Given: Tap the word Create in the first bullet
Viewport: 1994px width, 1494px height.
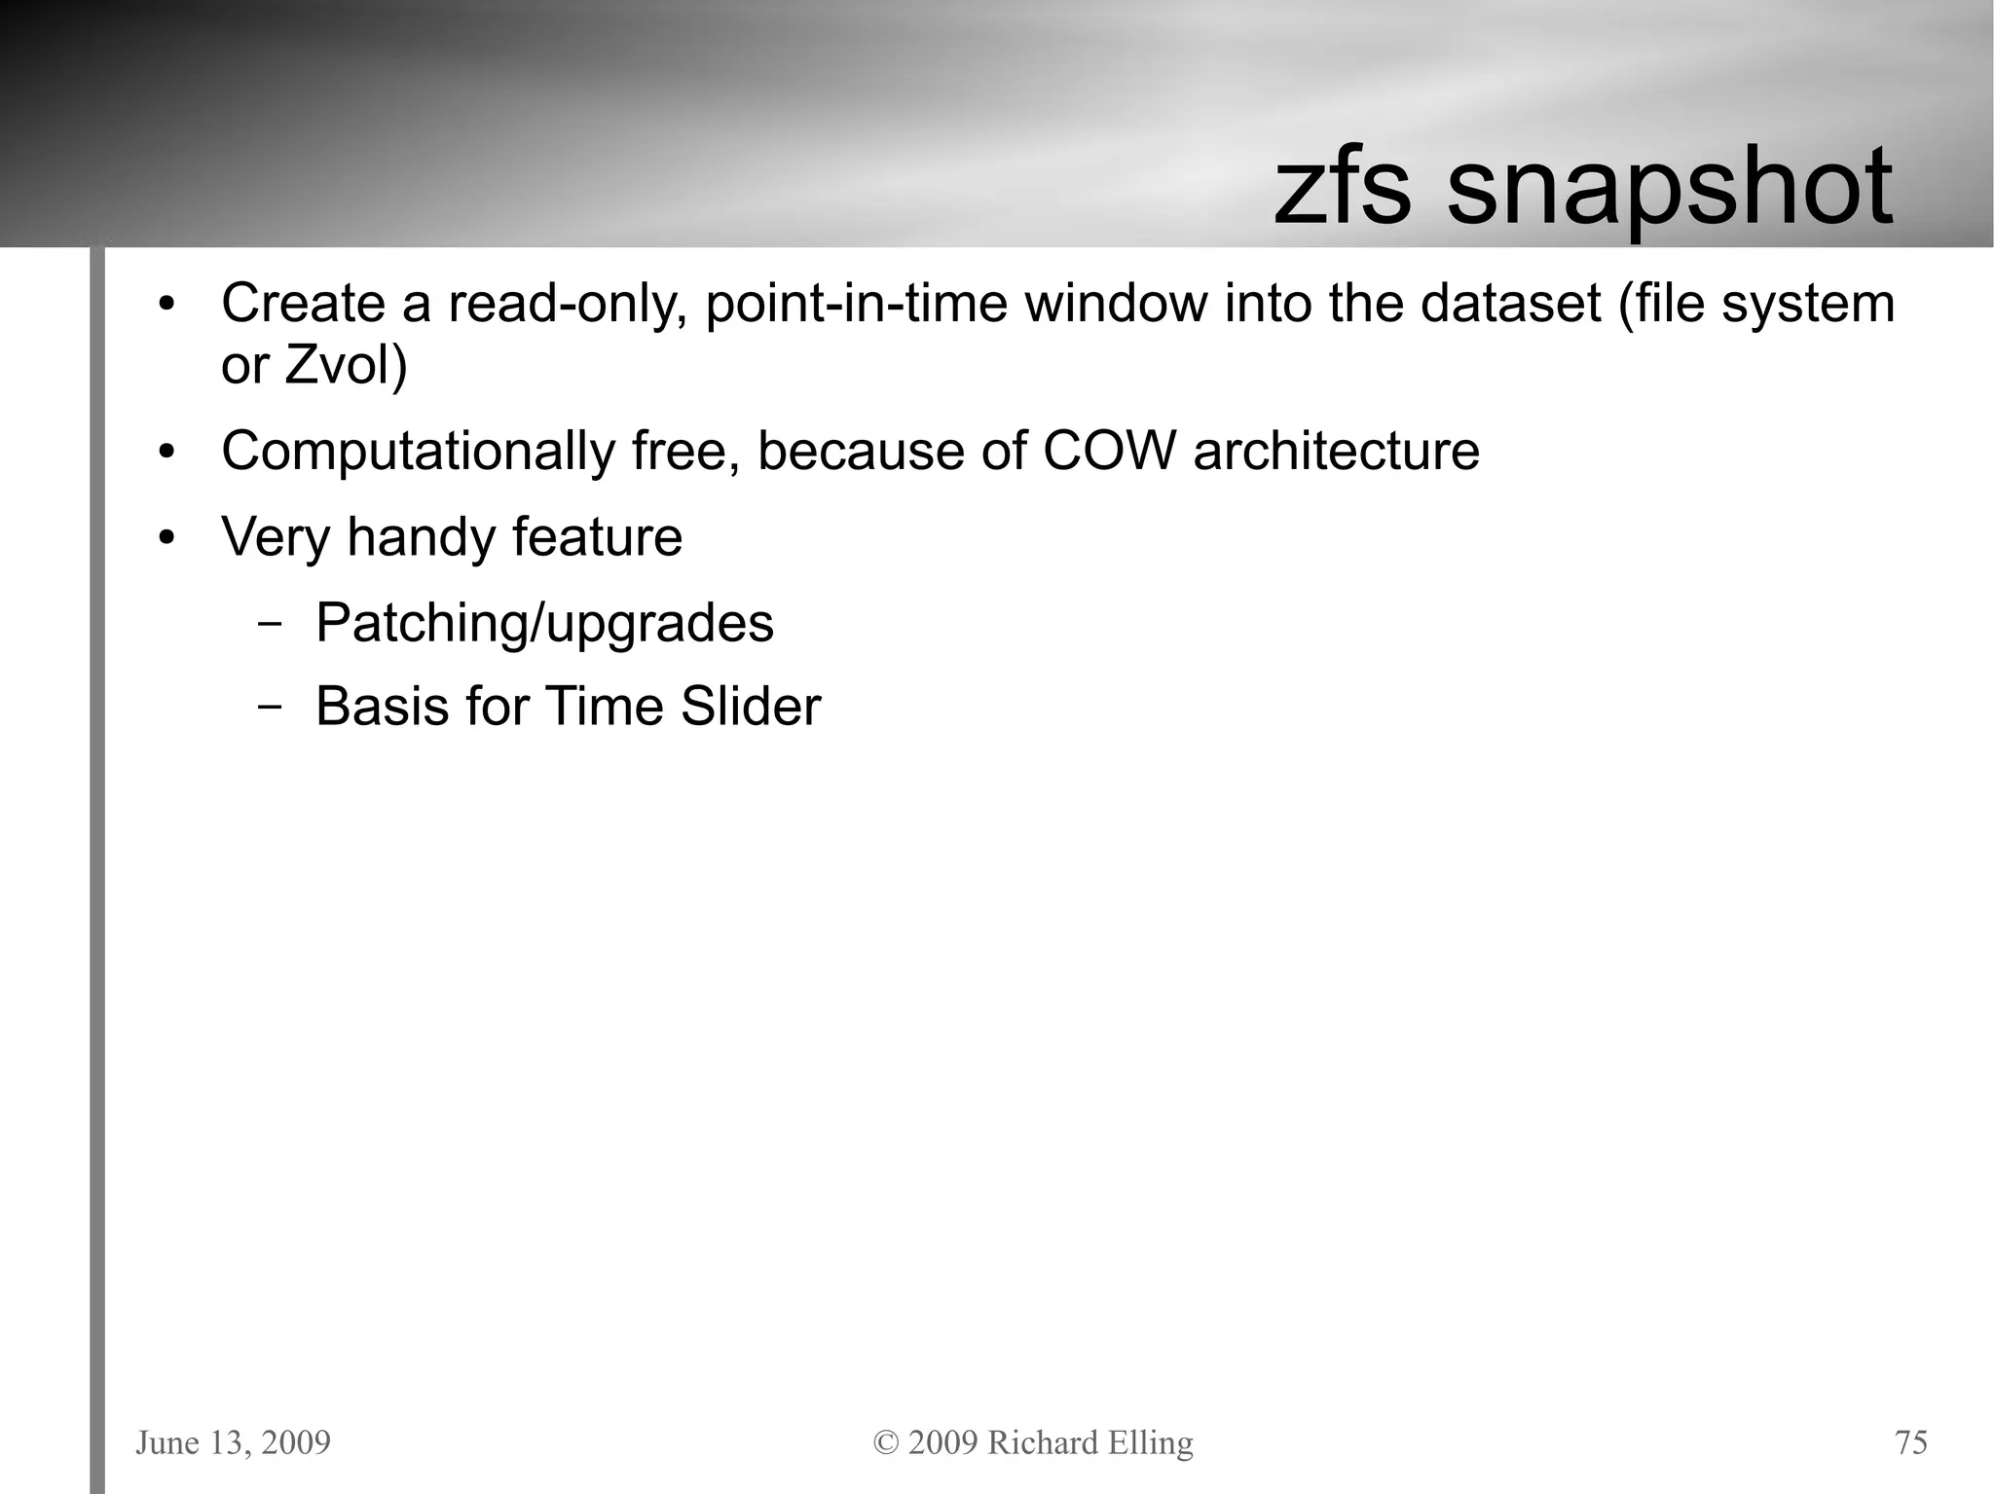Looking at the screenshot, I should tap(303, 304).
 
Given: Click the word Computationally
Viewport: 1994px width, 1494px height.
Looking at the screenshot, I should tap(418, 453).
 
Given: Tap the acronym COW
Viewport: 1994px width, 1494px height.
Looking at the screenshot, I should tap(1109, 452).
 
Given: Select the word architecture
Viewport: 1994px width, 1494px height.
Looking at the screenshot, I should tap(1336, 452).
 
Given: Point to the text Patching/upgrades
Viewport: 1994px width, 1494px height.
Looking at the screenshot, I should tap(544, 623).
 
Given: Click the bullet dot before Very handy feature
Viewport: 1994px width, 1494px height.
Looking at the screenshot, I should tap(167, 538).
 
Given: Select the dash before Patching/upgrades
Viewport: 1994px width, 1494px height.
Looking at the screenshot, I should tap(270, 626).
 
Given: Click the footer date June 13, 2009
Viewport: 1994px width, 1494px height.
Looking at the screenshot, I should tap(234, 1442).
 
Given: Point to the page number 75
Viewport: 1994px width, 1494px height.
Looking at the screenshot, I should tap(1910, 1442).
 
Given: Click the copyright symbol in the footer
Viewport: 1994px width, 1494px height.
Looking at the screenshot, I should tap(886, 1442).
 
